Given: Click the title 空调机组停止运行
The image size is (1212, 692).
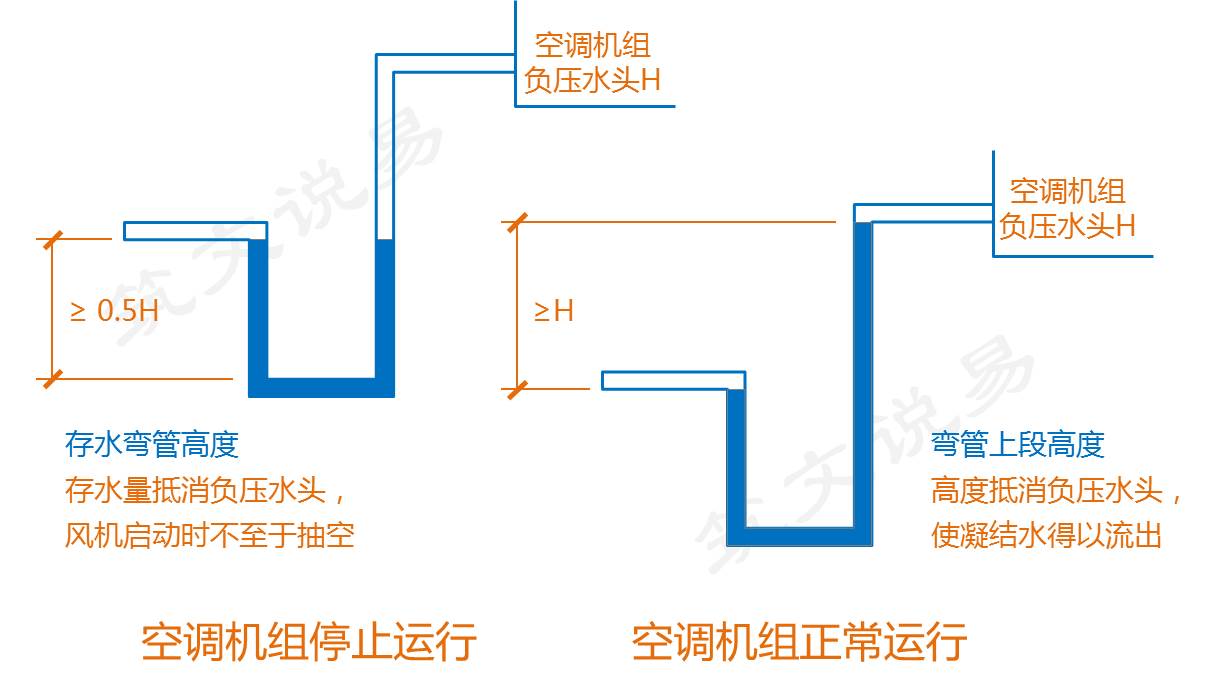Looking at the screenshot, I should pos(309,641).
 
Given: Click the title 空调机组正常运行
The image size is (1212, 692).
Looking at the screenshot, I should pos(799,641).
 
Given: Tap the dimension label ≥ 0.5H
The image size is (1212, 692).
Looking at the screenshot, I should pos(114,310).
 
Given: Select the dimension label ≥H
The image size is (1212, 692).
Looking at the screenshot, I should pos(553,310).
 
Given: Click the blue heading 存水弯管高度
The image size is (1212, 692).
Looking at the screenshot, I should pos(152,443).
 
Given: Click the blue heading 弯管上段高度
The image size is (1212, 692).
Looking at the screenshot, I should pos(1018,443).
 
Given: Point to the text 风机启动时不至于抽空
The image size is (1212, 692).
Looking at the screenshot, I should pos(209,535).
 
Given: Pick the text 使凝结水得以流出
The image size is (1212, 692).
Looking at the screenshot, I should pos(1046,535).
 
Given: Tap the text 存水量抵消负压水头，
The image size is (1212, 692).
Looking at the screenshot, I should pos(209,490).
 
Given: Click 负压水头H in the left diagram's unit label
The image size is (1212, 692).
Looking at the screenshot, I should pos(592,80).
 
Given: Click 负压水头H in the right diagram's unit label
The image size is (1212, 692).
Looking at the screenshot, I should pos(1067,226).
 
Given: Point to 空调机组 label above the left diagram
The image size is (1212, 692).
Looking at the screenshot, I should pos(592,45).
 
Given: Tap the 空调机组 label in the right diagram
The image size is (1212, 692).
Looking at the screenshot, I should pos(1067,190).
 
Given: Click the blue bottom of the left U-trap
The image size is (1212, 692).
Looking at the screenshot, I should pos(321,387).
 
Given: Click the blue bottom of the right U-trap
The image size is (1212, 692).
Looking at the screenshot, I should pos(799,536).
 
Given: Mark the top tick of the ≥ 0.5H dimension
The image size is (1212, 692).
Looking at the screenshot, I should pos(52,239).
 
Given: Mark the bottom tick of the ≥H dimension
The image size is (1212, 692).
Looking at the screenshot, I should pos(516,388).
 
